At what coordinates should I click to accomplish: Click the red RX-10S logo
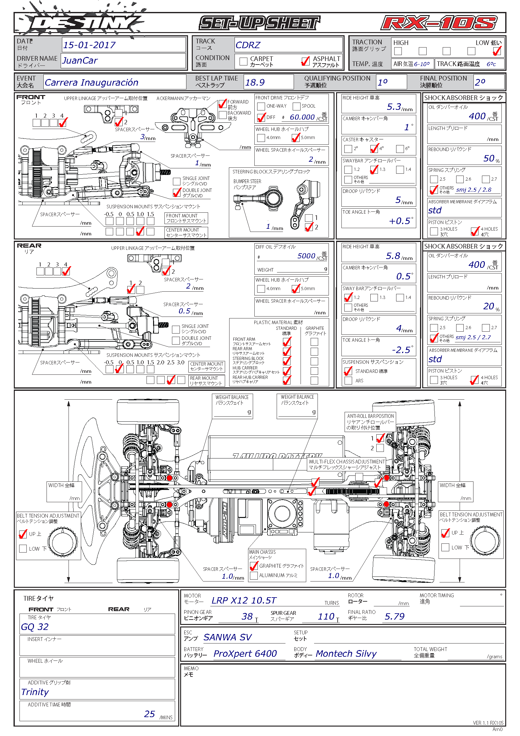(439, 23)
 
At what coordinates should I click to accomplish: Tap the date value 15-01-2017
(89, 45)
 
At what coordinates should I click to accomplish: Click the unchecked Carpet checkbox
(243, 61)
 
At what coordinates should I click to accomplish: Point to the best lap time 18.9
(255, 83)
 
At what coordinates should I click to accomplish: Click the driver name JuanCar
(80, 61)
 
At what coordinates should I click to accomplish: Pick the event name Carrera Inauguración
(91, 83)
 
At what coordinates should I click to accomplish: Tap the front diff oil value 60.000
(302, 117)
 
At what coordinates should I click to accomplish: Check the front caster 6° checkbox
(400, 149)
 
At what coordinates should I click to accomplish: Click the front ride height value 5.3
(394, 107)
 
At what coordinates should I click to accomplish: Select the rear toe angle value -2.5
(401, 350)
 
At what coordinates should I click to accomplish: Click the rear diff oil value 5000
(306, 256)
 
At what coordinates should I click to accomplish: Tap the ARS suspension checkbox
(348, 381)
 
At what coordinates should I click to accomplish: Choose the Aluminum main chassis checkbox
(254, 576)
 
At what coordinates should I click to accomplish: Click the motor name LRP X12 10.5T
(244, 600)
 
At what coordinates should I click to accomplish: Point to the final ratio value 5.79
(395, 616)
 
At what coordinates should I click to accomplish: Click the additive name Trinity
(35, 692)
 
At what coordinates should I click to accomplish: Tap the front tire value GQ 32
(35, 627)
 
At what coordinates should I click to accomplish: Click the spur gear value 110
(326, 616)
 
